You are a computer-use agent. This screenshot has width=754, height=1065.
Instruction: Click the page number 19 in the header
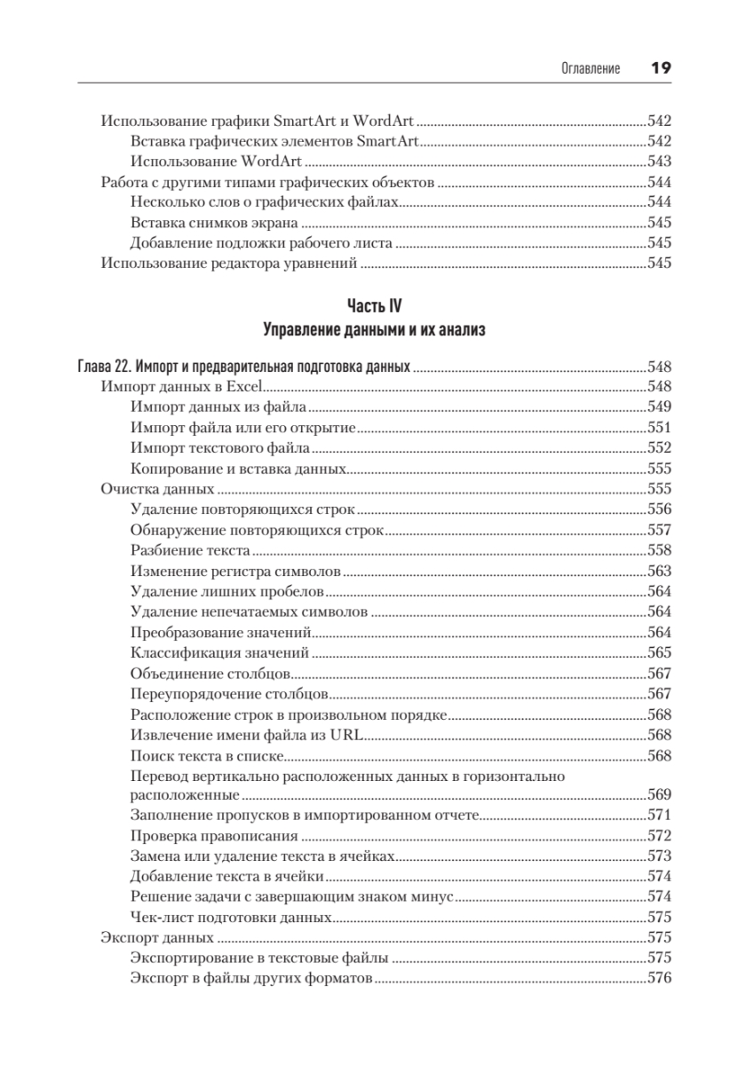pos(660,67)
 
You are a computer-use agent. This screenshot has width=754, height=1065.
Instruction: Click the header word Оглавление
pos(591,68)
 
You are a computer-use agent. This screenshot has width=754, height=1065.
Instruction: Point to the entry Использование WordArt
pos(216,162)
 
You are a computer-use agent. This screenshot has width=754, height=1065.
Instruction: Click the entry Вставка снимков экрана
pos(214,223)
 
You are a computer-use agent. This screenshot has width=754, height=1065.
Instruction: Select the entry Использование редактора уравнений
pos(229,263)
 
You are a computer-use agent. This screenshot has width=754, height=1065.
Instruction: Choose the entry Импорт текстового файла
pos(219,448)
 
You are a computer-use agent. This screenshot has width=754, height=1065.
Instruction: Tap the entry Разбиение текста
pos(189,550)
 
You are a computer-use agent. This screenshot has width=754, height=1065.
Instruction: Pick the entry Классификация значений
pos(219,652)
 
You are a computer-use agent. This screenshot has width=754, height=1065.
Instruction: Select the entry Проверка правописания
pos(213,836)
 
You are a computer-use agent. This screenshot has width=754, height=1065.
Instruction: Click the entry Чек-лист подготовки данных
pos(231,918)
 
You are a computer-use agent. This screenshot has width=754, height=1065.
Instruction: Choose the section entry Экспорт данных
pos(156,937)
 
